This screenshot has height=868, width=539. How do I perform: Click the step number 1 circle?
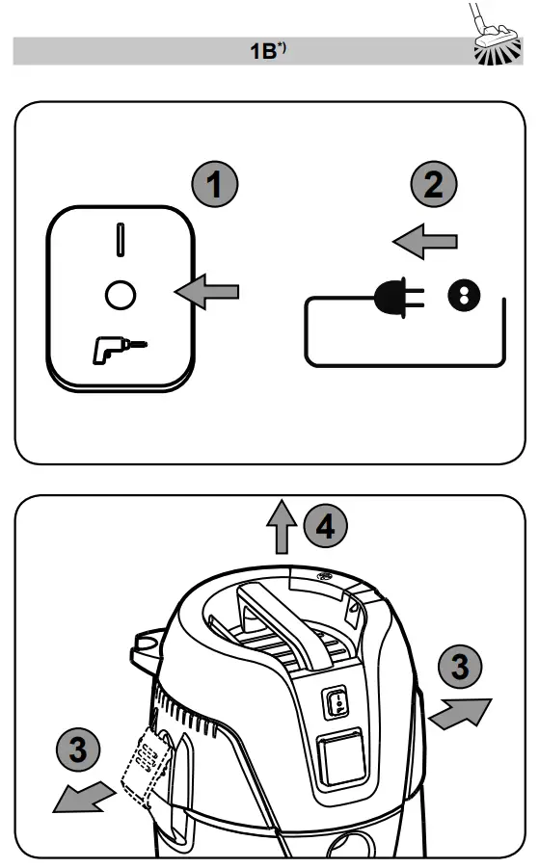click(217, 184)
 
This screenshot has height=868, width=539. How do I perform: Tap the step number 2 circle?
click(435, 184)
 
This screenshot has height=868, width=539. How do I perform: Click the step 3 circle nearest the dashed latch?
click(79, 748)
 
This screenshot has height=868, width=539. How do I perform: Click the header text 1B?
click(266, 51)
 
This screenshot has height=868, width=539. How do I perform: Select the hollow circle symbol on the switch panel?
click(120, 296)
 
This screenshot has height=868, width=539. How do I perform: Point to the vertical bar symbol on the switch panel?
click(120, 240)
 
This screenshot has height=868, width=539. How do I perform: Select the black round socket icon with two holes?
click(463, 298)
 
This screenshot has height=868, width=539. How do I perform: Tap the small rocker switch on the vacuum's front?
click(337, 705)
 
